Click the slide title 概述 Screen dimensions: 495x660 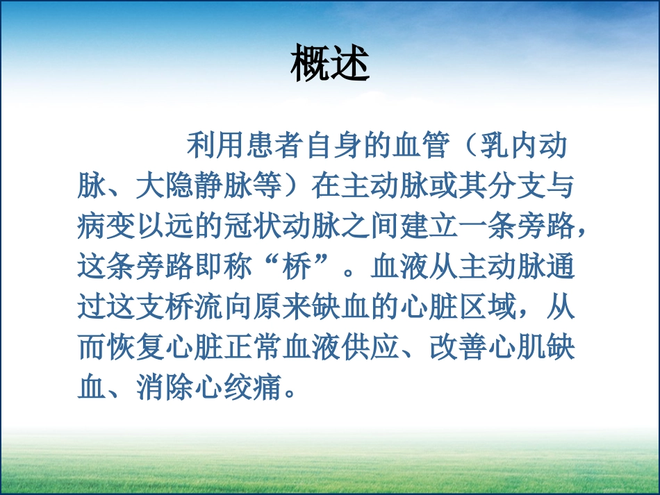(x=329, y=63)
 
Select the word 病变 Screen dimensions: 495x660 (x=106, y=226)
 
